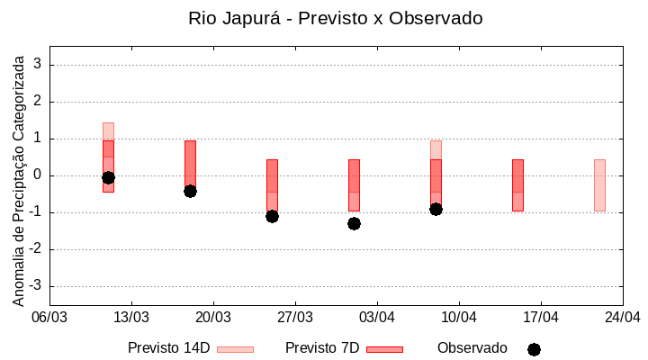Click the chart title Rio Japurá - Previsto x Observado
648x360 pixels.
335,18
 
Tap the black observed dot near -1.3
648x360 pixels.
354,223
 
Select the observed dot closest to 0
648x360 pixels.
108,177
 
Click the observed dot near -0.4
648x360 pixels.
190,191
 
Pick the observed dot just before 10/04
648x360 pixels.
436,209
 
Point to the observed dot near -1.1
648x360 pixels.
272,216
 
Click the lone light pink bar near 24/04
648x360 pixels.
599,184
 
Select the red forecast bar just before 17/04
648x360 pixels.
517,184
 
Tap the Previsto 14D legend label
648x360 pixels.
168,348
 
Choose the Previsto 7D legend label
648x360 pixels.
322,348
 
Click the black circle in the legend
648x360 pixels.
534,349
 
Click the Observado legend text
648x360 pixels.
472,348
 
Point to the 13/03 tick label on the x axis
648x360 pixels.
131,317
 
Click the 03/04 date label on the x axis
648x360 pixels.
377,317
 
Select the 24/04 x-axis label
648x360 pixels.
622,317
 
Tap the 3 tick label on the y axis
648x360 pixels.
38,65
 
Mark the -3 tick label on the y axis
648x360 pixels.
35,286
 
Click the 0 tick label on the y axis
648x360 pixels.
38,175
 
